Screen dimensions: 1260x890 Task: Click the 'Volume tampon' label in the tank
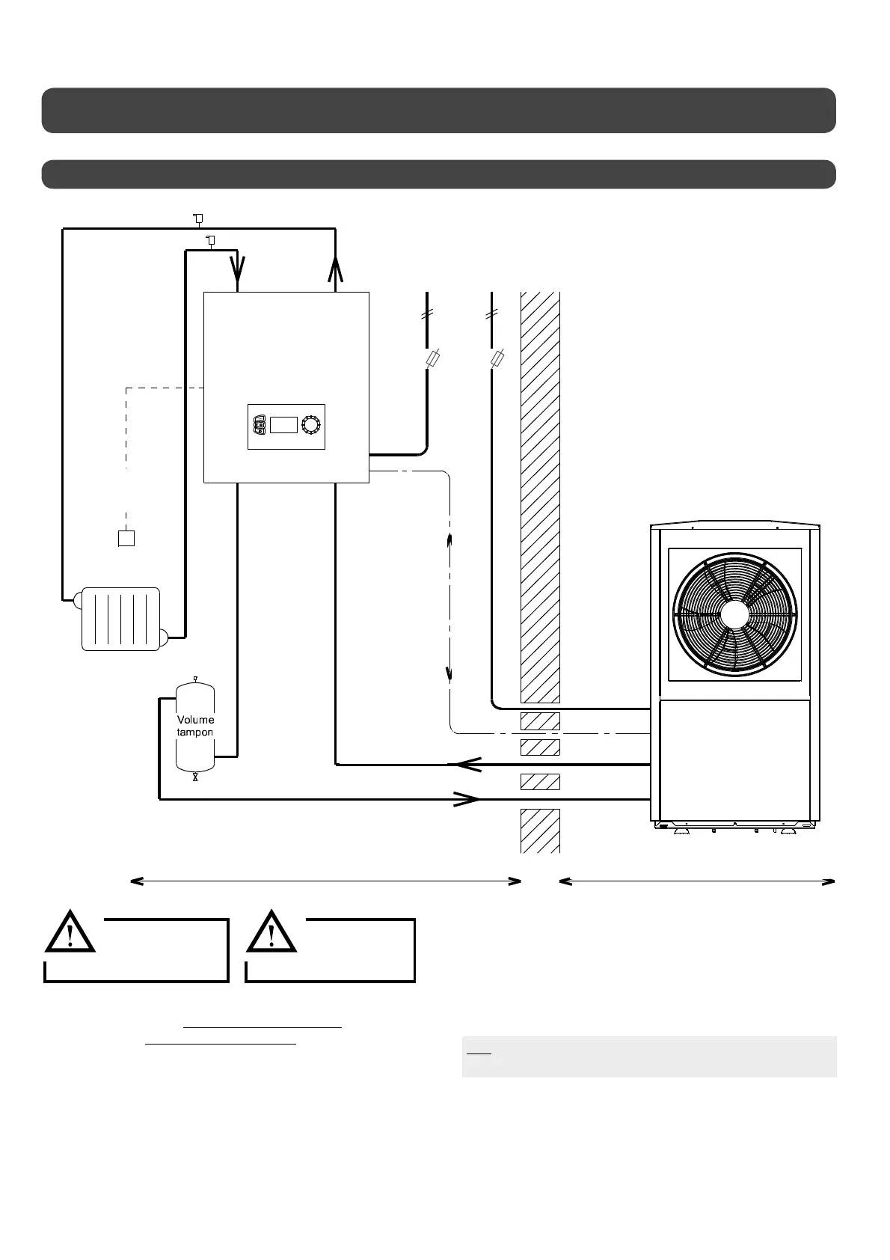click(x=195, y=726)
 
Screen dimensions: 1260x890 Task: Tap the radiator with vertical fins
click(x=120, y=619)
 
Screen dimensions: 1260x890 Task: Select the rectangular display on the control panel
click(x=283, y=425)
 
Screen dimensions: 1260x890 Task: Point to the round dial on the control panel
click(x=310, y=425)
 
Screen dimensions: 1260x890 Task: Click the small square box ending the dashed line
click(x=126, y=538)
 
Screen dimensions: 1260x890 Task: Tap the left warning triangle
click(x=70, y=932)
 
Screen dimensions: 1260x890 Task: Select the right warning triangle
click(x=271, y=932)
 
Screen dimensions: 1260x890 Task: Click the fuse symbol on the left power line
click(x=432, y=361)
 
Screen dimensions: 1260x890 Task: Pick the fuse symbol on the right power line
click(x=497, y=361)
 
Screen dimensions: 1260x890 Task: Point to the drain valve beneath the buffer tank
click(x=195, y=777)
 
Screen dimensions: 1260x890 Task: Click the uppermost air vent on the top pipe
click(x=197, y=218)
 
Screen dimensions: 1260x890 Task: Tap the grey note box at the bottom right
click(x=648, y=1056)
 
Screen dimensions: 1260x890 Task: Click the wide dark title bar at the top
click(x=438, y=110)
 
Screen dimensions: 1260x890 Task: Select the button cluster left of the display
click(x=259, y=425)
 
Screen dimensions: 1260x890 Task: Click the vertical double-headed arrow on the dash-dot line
click(x=449, y=608)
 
